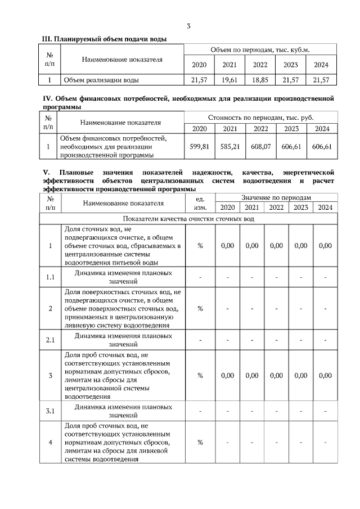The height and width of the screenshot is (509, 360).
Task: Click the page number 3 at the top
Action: coord(188,26)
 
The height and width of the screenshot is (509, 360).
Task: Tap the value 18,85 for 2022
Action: coord(260,80)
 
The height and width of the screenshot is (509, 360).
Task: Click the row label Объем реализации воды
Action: coord(101,80)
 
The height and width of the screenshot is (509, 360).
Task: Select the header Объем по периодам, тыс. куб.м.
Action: coord(260,50)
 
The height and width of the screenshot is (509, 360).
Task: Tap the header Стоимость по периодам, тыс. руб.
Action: coord(260,118)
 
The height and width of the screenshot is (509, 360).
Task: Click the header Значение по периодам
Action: coord(276,198)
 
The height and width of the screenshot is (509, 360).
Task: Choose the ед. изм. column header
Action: coord(200,203)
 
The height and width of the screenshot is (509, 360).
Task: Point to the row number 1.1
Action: coord(50,277)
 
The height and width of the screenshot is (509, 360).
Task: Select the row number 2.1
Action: coord(50,340)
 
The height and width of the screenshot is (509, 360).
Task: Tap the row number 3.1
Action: coord(50,411)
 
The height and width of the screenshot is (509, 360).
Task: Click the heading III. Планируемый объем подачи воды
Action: coord(105,38)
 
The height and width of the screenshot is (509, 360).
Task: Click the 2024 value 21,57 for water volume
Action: coord(321,80)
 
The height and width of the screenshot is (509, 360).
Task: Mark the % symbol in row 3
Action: coord(200,376)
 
